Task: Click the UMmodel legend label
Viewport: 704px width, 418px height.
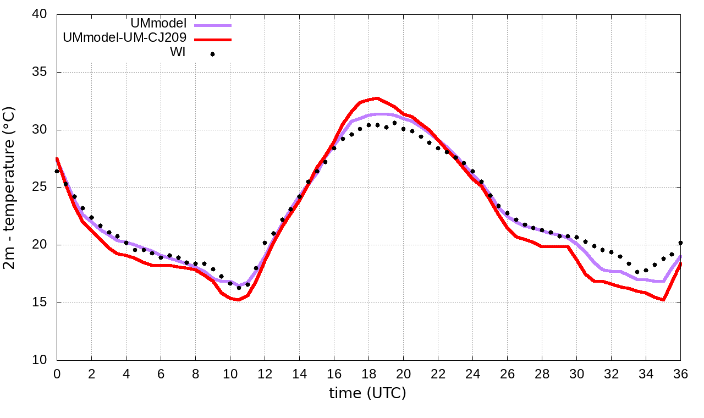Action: coord(159,24)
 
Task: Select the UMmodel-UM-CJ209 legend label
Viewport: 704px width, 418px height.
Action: coord(125,38)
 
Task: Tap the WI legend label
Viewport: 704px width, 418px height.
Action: coord(177,52)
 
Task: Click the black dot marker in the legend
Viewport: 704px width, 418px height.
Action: coord(212,54)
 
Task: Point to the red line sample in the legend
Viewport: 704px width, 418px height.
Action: coord(212,40)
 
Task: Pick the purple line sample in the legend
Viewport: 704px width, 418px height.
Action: coord(212,25)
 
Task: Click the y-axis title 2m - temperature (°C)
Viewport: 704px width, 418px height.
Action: coord(10,188)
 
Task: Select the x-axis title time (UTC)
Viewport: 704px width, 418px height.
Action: coord(367,393)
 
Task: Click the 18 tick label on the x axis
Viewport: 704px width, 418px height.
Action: coord(369,373)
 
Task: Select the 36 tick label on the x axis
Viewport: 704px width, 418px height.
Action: coord(681,373)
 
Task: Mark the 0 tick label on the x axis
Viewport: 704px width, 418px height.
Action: coord(57,373)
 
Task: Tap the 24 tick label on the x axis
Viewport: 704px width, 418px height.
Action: coord(473,373)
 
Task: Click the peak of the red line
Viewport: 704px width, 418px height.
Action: coord(377,98)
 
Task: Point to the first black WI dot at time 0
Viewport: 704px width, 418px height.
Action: coord(57,171)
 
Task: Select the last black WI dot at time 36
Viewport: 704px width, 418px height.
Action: coord(680,243)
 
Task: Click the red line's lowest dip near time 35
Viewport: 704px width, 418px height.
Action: coord(664,300)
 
